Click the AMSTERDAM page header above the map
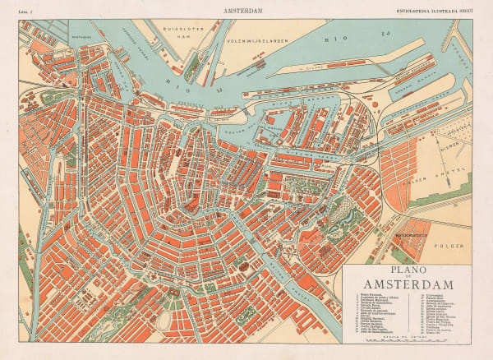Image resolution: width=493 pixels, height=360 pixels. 246,12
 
